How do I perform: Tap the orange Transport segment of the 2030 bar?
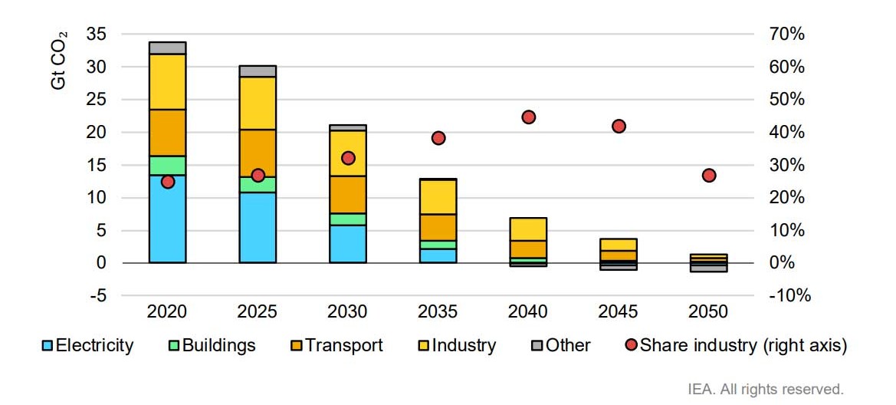pyautogui.click(x=348, y=195)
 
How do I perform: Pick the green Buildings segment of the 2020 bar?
pyautogui.click(x=168, y=166)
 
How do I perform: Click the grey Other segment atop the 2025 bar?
pyautogui.click(x=258, y=71)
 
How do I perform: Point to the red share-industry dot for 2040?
pyautogui.click(x=528, y=117)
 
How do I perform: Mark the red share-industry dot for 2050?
pyautogui.click(x=709, y=176)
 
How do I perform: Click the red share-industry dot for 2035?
pyautogui.click(x=438, y=138)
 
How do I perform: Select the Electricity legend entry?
pyautogui.click(x=87, y=345)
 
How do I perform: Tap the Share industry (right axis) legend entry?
pyautogui.click(x=736, y=345)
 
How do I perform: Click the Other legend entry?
pyautogui.click(x=561, y=345)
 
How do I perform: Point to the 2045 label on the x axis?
pyautogui.click(x=619, y=311)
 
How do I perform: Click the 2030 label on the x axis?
pyautogui.click(x=348, y=311)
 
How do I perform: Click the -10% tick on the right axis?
pyautogui.click(x=785, y=295)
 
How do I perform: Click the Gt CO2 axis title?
pyautogui.click(x=59, y=62)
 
